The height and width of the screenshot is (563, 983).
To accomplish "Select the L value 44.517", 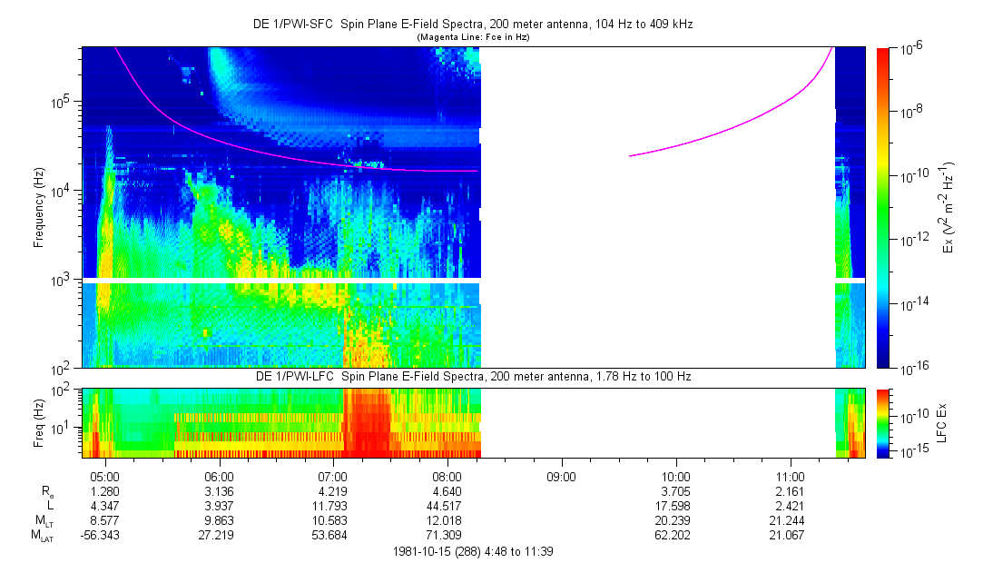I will tap(447, 506).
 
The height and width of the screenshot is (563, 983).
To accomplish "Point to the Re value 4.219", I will tap(333, 491).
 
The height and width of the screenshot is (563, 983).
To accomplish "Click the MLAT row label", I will tap(43, 536).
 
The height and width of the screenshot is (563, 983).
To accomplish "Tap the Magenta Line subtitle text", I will tap(473, 38).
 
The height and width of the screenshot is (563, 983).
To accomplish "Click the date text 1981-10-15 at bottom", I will tap(425, 551).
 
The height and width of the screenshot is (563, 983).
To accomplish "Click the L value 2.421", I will tap(790, 506).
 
